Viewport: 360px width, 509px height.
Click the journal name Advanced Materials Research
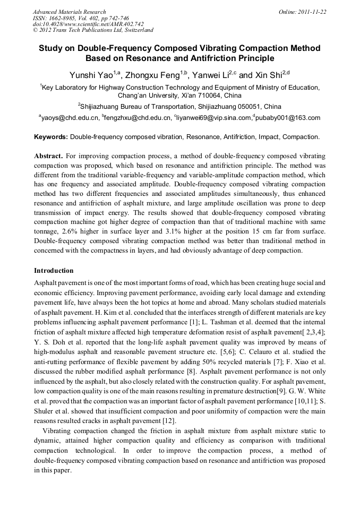click(x=70, y=12)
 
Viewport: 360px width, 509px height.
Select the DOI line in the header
click(x=88, y=24)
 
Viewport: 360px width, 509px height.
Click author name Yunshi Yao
click(x=89, y=75)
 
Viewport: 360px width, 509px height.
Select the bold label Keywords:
click(x=51, y=137)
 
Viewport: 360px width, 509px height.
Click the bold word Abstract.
click(x=48, y=156)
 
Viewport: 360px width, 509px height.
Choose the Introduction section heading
click(x=54, y=271)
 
